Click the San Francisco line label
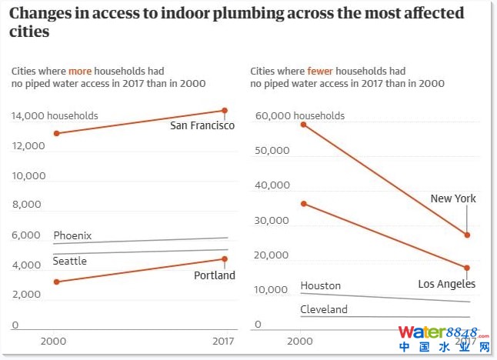click(x=202, y=125)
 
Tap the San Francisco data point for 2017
click(x=225, y=111)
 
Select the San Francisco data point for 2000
click(x=56, y=134)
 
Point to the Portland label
click(x=214, y=275)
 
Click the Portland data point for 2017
click(x=225, y=259)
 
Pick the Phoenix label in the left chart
click(x=72, y=235)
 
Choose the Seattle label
click(x=69, y=262)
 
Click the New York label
click(x=453, y=198)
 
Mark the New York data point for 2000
click(x=304, y=124)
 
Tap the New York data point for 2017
click(x=467, y=235)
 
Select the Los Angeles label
click(x=446, y=284)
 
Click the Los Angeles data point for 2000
click(x=304, y=203)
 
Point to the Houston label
click(x=320, y=285)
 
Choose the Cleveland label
click(x=323, y=309)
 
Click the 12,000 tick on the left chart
click(x=28, y=145)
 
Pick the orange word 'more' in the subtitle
click(x=80, y=71)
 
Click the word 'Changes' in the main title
click(x=43, y=13)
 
